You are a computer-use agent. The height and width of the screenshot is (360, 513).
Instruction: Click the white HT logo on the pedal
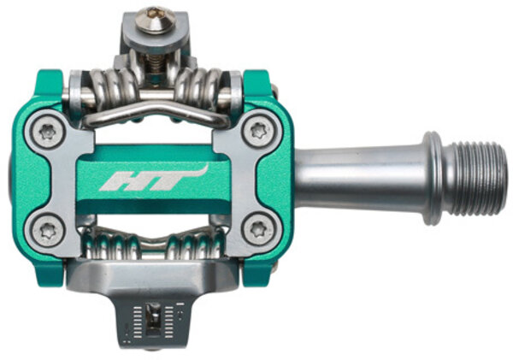(154, 180)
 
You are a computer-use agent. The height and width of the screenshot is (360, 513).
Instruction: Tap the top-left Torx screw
(46, 133)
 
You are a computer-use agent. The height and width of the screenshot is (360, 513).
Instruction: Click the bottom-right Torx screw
(258, 228)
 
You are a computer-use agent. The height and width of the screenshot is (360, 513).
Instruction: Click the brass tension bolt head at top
(156, 21)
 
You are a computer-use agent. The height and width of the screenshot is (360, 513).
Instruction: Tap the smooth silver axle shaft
(360, 179)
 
